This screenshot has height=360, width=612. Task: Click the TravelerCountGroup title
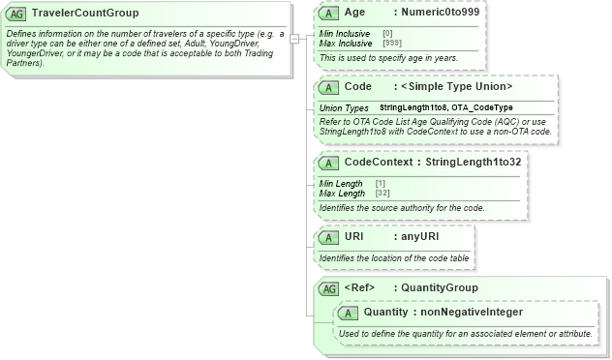[x=85, y=14]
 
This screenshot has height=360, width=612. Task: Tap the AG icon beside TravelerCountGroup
[x=17, y=14]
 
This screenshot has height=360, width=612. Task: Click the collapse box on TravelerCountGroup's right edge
[x=293, y=39]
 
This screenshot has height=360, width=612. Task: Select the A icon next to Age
[x=328, y=14]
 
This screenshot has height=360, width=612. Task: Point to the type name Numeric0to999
[x=440, y=14]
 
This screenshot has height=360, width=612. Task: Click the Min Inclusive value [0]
[x=387, y=33]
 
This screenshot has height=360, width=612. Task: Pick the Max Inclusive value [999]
[x=392, y=43]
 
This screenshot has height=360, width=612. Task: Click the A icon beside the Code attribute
[x=328, y=86]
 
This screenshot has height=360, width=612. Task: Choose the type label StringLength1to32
[x=474, y=162]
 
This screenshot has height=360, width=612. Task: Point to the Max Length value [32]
[x=382, y=193]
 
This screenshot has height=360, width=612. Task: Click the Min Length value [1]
[x=381, y=183]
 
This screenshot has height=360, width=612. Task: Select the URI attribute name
[x=355, y=236]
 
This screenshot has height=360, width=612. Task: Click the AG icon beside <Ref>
[x=329, y=287]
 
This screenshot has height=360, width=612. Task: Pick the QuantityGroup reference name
[x=440, y=287]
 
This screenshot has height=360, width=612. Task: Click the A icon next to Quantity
[x=350, y=312]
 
